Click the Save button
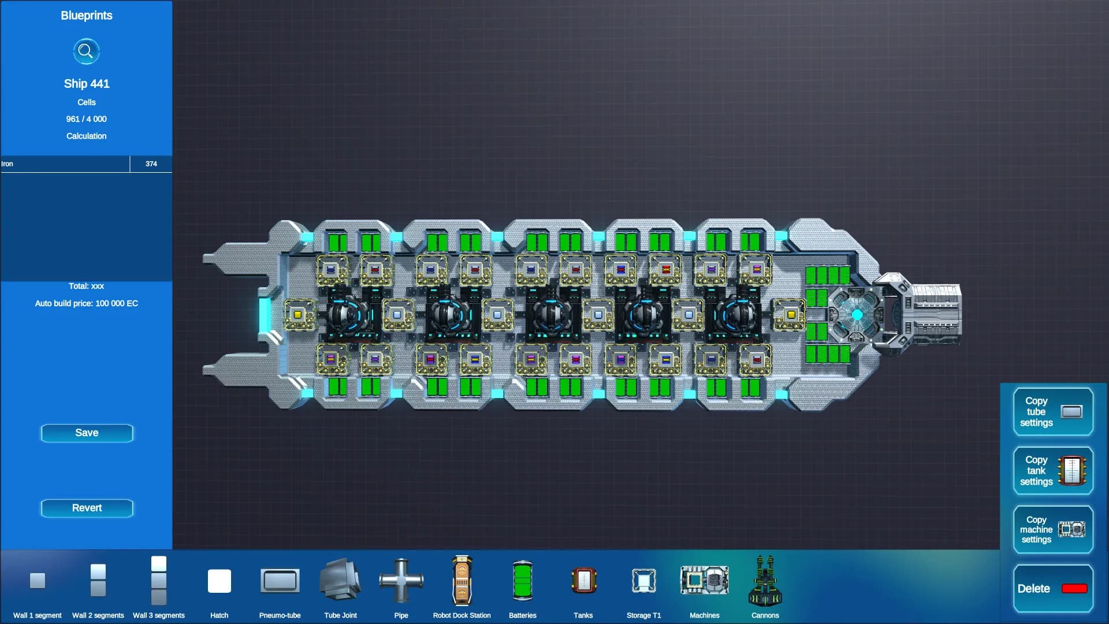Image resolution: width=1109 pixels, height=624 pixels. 87,433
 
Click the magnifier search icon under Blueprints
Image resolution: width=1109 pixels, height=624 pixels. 86,51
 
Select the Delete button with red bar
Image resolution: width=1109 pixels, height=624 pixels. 1053,588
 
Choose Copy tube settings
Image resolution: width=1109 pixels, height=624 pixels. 1053,411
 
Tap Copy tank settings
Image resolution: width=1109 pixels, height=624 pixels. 1053,470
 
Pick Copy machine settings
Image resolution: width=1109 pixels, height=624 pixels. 1053,529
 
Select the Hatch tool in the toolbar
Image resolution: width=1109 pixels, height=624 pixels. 219,581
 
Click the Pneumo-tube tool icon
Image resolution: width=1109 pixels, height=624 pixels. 280,581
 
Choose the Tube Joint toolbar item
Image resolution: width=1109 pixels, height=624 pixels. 340,580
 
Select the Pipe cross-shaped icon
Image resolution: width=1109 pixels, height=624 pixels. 401,580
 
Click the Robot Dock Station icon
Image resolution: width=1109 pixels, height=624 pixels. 462,580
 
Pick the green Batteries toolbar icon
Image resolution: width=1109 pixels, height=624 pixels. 522,580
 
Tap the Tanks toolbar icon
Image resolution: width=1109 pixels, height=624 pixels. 583,580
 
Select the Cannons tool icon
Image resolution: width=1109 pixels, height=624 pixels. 765,580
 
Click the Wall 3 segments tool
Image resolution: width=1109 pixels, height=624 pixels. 159,580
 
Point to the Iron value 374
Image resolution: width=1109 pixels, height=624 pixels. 151,164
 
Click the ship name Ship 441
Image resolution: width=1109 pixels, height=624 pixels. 87,84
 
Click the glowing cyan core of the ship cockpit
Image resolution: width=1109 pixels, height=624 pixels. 857,314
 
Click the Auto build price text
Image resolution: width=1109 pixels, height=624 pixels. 87,303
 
